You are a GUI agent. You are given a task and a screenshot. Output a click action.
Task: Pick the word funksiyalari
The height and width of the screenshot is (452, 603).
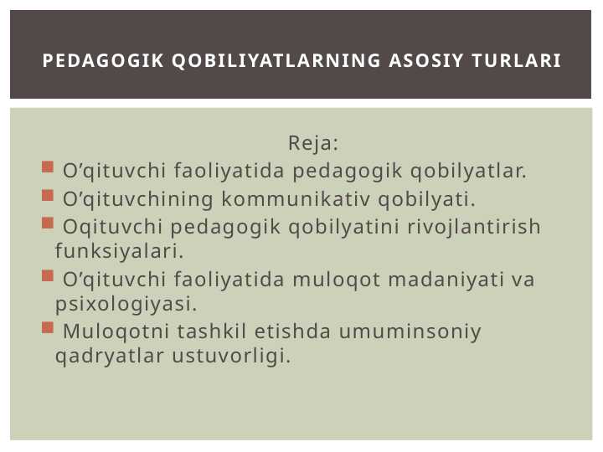click(119, 250)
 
